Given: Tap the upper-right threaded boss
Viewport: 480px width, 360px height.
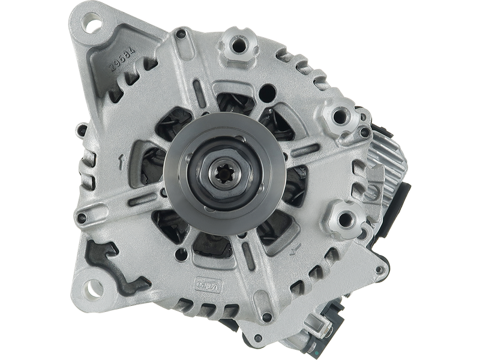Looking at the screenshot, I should click(340, 114).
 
